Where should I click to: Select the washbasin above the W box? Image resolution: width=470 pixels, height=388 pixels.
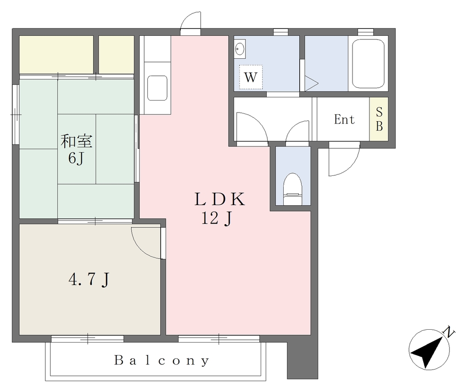[240, 49]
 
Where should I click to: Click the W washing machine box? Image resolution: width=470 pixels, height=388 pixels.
[251, 77]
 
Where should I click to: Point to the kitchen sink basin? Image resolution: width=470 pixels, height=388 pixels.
[157, 88]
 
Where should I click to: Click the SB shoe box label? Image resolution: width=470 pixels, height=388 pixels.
[379, 119]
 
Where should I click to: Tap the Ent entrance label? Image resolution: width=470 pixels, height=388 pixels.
[344, 119]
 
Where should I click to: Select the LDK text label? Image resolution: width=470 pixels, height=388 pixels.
[219, 199]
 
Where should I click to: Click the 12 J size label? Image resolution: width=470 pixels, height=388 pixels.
[216, 219]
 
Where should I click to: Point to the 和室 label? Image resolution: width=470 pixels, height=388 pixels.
[77, 141]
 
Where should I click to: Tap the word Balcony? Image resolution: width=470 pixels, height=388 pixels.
[162, 360]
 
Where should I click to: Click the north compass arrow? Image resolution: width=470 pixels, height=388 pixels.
[428, 351]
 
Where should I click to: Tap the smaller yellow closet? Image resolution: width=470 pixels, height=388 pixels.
[116, 55]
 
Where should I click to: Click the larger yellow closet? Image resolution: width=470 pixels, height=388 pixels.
[56, 55]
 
